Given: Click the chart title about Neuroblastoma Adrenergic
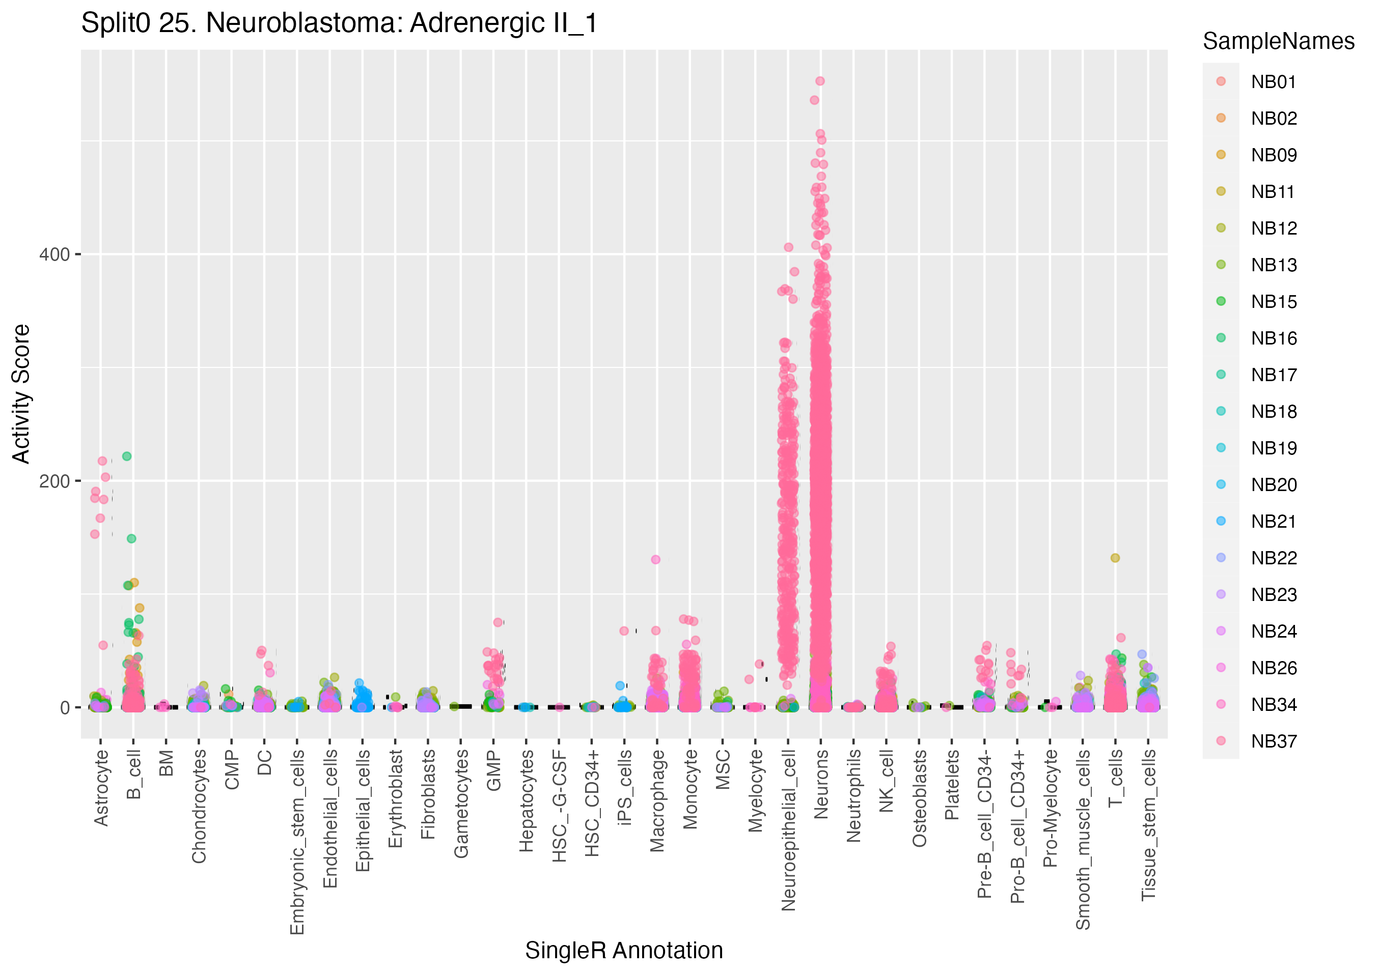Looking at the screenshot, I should click(x=339, y=24).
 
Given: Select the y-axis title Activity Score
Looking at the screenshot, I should click(x=21, y=394).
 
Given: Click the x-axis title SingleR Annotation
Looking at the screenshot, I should click(x=623, y=951).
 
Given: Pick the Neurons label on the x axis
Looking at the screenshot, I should click(x=821, y=784).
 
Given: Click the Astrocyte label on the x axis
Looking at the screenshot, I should click(x=101, y=788).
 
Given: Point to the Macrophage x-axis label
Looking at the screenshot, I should click(x=657, y=801).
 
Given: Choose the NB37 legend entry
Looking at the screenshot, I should click(x=1273, y=741).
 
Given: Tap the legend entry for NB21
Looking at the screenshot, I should click(x=1273, y=522).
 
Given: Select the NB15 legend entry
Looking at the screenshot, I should click(x=1273, y=302).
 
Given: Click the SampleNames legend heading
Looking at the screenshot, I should click(x=1278, y=41).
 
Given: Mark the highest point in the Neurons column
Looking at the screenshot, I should click(x=820, y=81).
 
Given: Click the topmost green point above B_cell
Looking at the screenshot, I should click(x=127, y=456).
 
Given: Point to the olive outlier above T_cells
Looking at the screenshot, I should click(x=1115, y=558).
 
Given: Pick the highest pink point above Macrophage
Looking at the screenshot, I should click(x=656, y=560).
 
